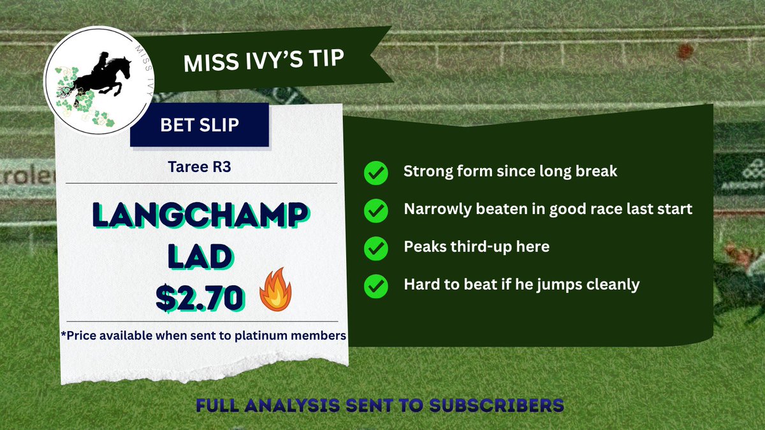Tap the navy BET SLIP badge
pos(199,125)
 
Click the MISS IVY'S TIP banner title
pos(263,62)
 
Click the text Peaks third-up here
pos(476,247)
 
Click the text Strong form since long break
pos(510,172)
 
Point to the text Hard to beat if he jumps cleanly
pos(521,284)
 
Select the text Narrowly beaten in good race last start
pos(548,209)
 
